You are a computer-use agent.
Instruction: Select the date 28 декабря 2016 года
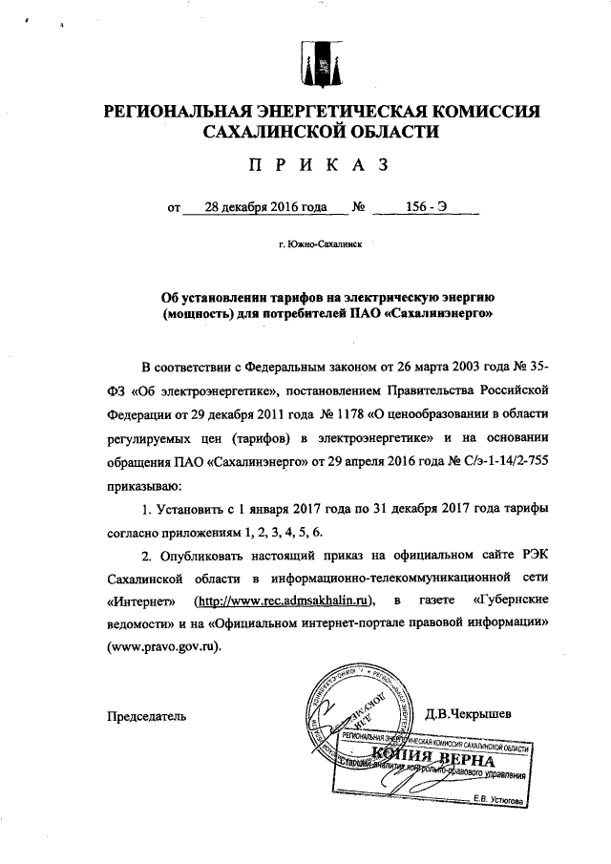coord(253,205)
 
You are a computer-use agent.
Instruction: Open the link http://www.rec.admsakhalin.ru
coord(283,600)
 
